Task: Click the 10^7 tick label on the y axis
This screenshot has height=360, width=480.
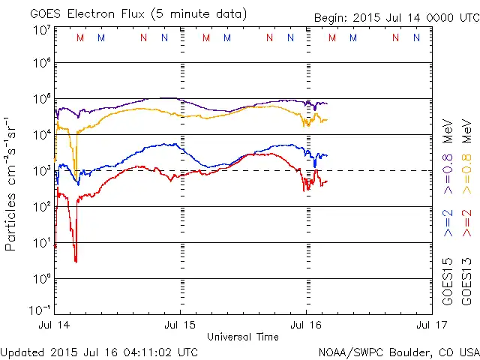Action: pos(41,30)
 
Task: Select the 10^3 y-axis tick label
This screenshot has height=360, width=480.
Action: pos(41,170)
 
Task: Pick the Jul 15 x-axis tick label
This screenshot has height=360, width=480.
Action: pos(181,325)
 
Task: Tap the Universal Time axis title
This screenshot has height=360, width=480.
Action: pos(243,337)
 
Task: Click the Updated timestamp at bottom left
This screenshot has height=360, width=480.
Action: pos(100,351)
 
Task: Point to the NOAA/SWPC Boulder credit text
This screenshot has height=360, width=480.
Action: pos(398,351)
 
